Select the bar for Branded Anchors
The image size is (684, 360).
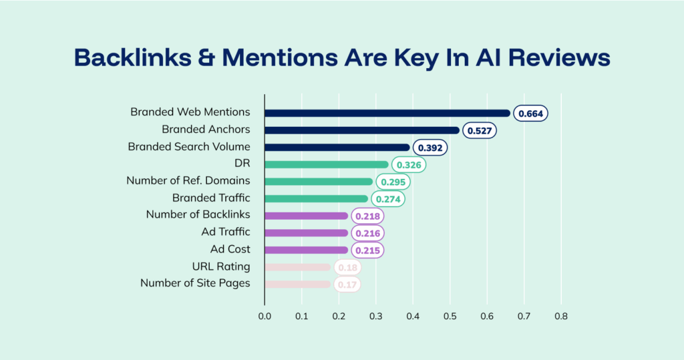tap(361, 130)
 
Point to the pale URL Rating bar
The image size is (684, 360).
tap(297, 267)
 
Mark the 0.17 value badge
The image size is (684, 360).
tap(347, 285)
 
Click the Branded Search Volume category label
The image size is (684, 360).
tap(189, 147)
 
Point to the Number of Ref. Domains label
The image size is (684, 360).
tap(188, 180)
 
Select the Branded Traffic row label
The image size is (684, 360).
tap(211, 198)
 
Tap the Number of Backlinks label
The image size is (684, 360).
tap(198, 214)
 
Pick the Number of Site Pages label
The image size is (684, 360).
tap(195, 283)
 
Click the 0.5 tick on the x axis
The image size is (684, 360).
tap(450, 317)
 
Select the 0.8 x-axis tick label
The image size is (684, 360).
tap(560, 317)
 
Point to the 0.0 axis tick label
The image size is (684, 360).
tap(265, 317)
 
